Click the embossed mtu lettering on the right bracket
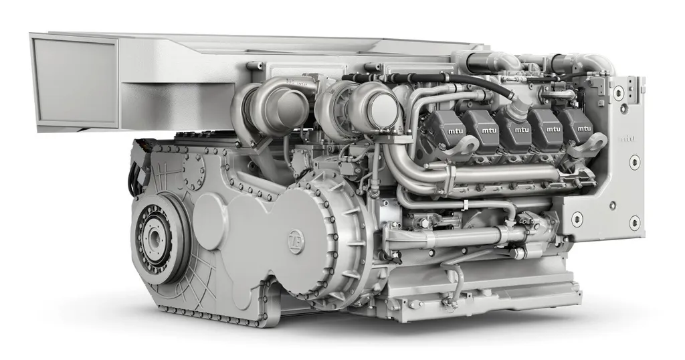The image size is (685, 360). [627, 139]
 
